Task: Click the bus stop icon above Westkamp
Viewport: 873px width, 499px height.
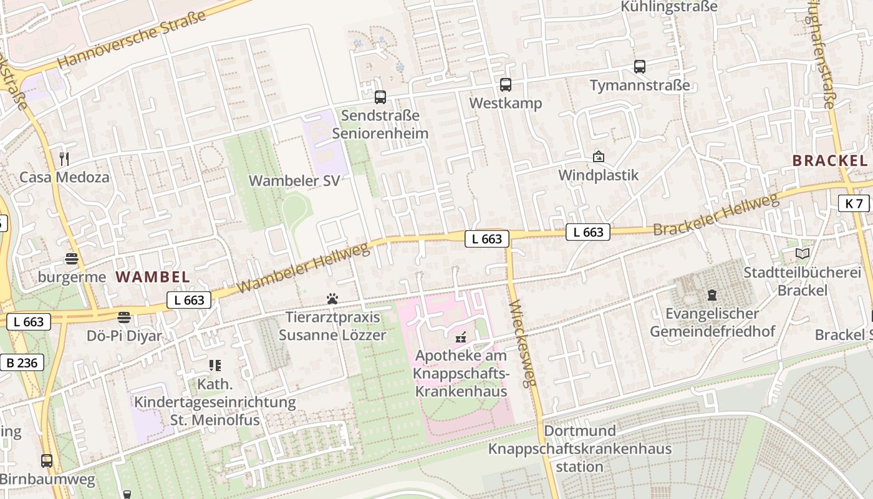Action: pyautogui.click(x=506, y=85)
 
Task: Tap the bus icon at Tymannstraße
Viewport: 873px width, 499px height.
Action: pyautogui.click(x=640, y=67)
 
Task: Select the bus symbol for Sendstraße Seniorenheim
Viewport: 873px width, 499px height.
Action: pyautogui.click(x=380, y=97)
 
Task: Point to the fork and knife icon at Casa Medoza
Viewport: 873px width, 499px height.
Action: pyautogui.click(x=64, y=158)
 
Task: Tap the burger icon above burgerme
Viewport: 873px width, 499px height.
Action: pyautogui.click(x=72, y=259)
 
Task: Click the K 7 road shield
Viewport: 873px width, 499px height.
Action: pyautogui.click(x=854, y=203)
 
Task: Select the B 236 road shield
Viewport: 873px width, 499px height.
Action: pyautogui.click(x=22, y=362)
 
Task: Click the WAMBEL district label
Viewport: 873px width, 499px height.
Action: pyautogui.click(x=153, y=277)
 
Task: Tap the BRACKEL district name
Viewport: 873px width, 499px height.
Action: pyautogui.click(x=829, y=160)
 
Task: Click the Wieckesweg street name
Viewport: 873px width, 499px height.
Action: pyautogui.click(x=523, y=343)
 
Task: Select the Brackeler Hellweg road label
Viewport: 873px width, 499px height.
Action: pyautogui.click(x=716, y=215)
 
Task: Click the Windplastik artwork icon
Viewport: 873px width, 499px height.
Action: pyautogui.click(x=599, y=157)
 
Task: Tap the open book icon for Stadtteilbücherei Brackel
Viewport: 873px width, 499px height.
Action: pyautogui.click(x=803, y=254)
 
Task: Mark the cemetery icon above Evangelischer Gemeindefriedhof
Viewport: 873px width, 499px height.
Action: pyautogui.click(x=712, y=295)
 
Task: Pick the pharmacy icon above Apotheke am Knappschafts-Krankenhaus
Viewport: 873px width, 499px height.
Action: pyautogui.click(x=461, y=337)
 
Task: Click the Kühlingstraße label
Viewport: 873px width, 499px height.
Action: pyautogui.click(x=669, y=7)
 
